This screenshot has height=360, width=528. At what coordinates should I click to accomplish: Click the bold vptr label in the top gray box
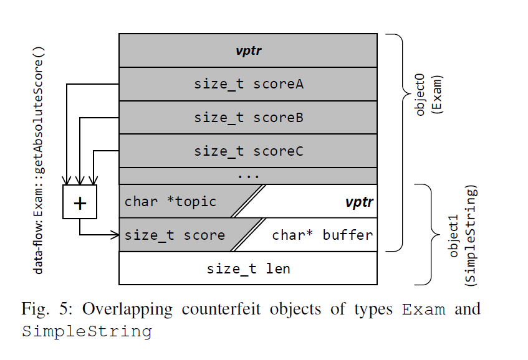[248, 50]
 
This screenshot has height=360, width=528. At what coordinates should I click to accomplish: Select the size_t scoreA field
[248, 84]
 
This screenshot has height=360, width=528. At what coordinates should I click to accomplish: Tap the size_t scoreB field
[248, 117]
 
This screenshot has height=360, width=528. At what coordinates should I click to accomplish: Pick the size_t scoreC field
[248, 151]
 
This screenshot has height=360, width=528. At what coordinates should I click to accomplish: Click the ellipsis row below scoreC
[248, 176]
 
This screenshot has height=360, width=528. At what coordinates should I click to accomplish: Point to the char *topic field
[170, 201]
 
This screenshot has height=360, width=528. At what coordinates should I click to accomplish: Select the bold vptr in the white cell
[359, 202]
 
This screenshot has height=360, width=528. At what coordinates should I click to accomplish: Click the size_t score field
[175, 235]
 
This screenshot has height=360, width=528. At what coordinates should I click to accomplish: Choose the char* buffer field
[322, 235]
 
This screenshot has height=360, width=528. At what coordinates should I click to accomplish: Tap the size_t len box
[248, 268]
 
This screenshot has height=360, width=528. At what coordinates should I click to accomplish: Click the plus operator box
[80, 202]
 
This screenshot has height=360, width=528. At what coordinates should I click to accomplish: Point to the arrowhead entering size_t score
[115, 235]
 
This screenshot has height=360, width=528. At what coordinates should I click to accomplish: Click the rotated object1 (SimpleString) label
[463, 234]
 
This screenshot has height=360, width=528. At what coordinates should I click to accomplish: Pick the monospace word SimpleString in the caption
[87, 331]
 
